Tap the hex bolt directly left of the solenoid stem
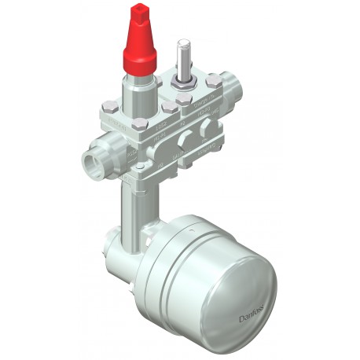click(160, 82)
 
